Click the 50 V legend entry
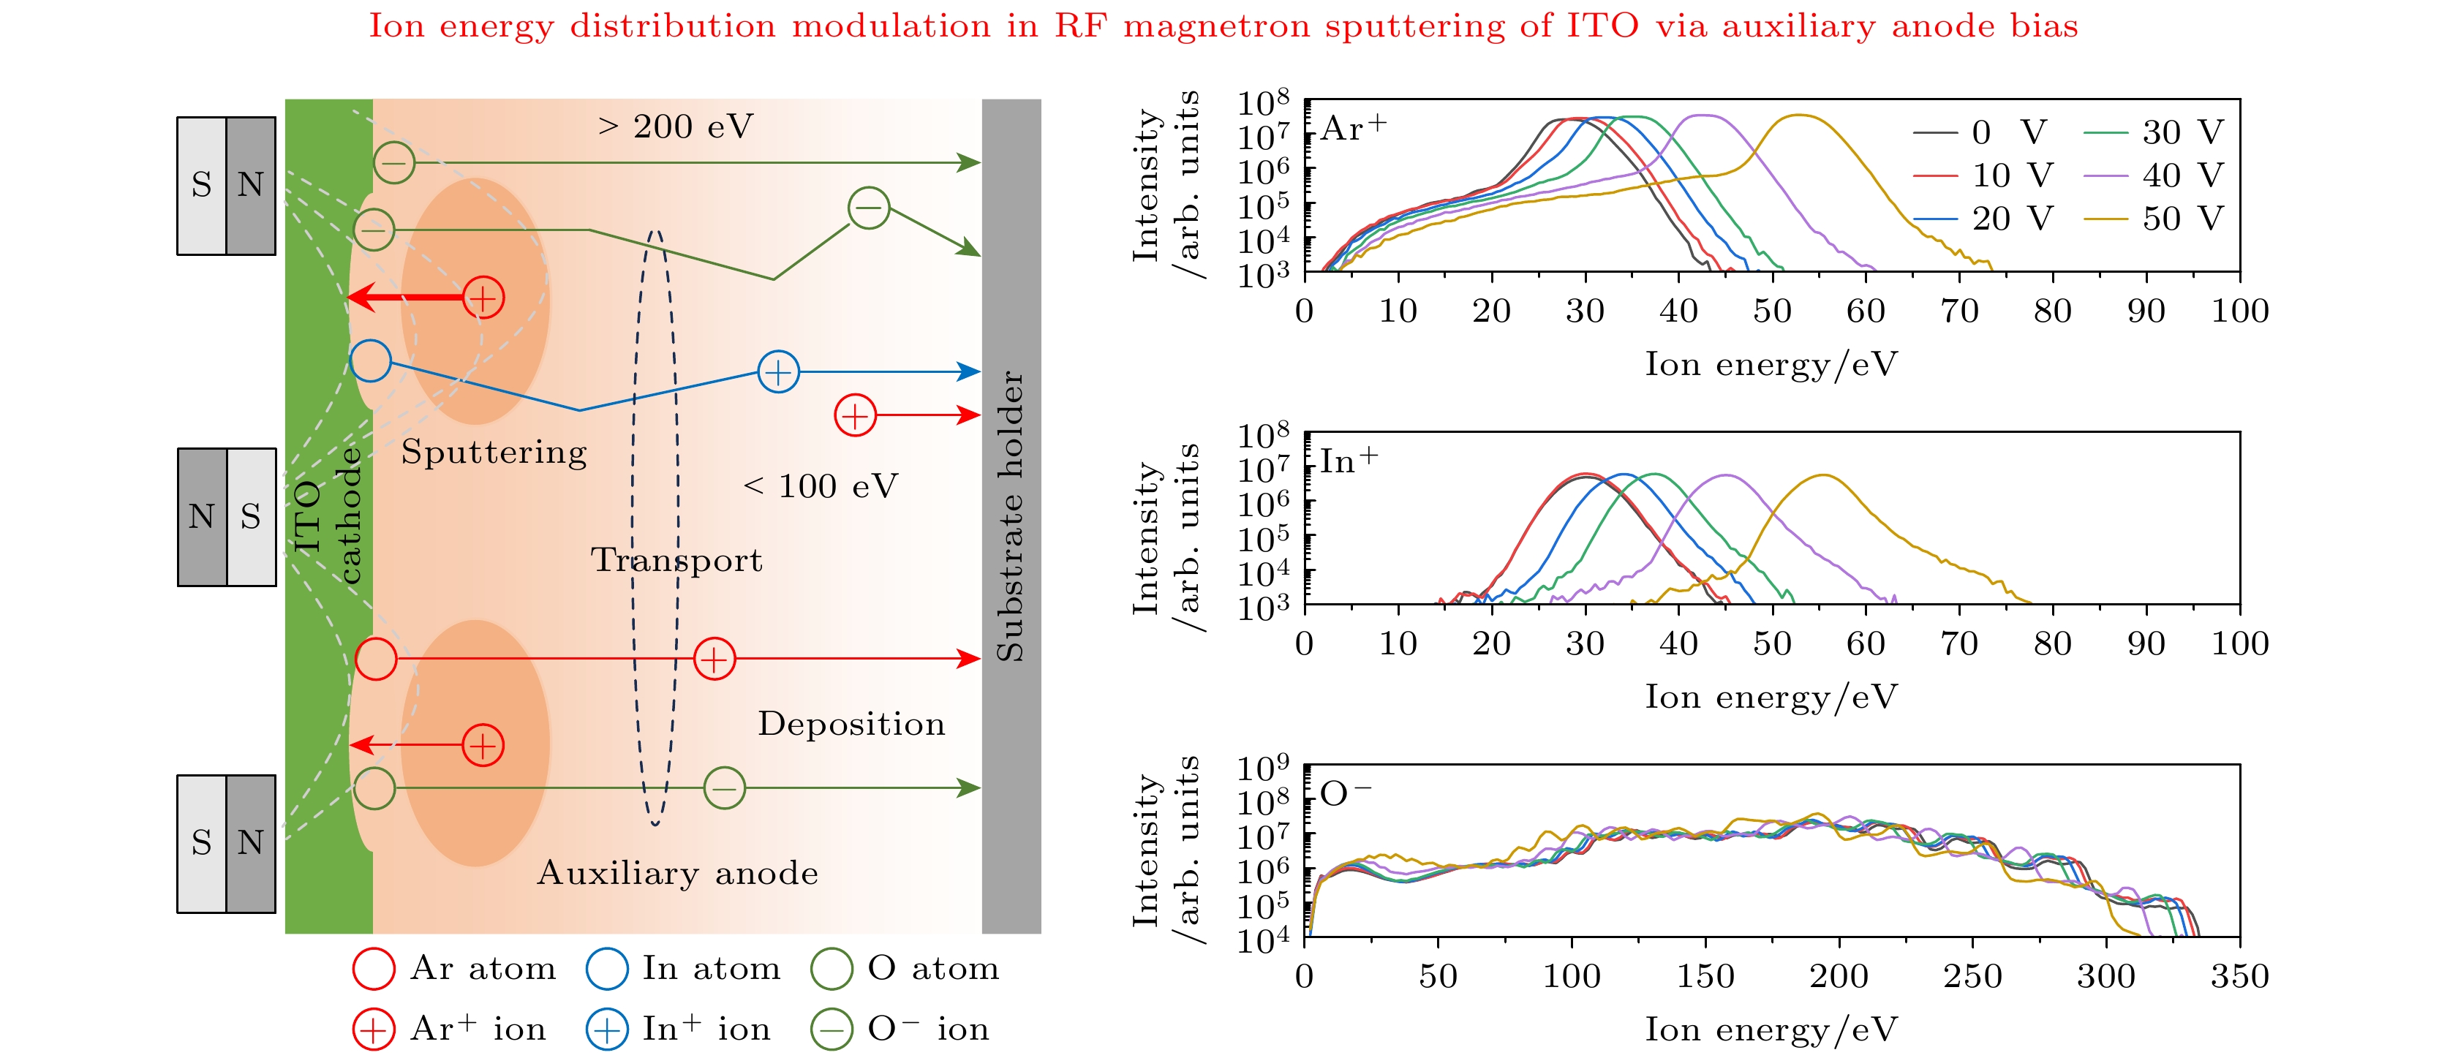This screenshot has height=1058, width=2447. [x=2152, y=219]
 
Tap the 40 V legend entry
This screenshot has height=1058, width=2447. [x=2152, y=175]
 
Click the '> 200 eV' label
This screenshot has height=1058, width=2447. [x=676, y=126]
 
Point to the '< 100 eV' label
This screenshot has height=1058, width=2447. [x=820, y=486]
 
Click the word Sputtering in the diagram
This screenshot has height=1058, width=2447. [x=494, y=452]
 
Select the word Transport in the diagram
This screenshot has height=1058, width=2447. [x=676, y=560]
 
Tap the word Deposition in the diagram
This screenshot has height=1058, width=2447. [x=851, y=724]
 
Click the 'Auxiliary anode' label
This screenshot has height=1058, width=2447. [x=677, y=873]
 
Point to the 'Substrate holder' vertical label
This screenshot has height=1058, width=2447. [x=1011, y=515]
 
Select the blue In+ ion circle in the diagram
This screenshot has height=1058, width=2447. [x=778, y=372]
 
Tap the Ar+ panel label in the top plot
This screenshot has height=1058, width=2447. [x=1353, y=128]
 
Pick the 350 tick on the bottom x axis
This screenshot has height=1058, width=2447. [x=2239, y=976]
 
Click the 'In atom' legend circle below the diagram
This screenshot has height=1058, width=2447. [x=607, y=969]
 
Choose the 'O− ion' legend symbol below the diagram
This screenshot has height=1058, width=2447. [x=832, y=1029]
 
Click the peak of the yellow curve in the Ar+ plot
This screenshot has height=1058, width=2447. [x=1798, y=116]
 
